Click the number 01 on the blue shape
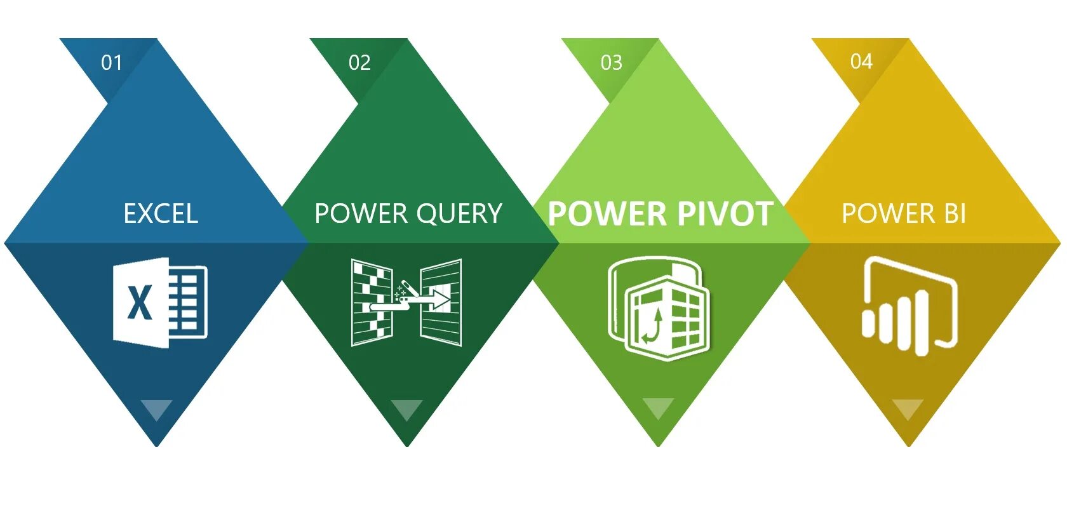click(111, 62)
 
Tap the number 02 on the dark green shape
click(359, 62)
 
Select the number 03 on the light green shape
click(611, 62)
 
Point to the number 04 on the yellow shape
click(861, 61)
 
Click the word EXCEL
click(161, 214)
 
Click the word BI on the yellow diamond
click(955, 214)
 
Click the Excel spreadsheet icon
click(160, 302)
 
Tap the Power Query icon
click(406, 302)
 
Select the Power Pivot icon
click(658, 308)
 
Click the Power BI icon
click(909, 305)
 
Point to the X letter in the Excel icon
click(140, 303)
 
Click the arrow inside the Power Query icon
click(438, 298)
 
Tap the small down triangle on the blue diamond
click(156, 409)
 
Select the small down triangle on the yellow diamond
click(908, 408)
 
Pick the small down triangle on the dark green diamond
click(406, 409)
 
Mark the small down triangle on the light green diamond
click(658, 408)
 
